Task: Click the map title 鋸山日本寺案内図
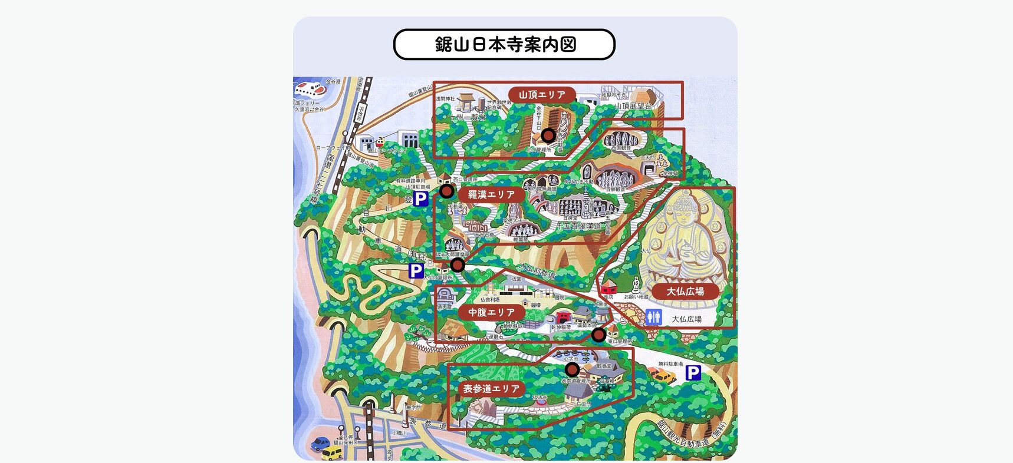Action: tap(504, 45)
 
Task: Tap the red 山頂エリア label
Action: tap(542, 94)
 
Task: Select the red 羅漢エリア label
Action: tap(491, 194)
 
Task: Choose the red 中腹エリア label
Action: tap(491, 312)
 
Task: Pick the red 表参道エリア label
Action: tap(491, 389)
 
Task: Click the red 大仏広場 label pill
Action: tap(685, 291)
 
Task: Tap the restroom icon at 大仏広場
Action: tap(653, 318)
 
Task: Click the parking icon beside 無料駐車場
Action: tap(693, 372)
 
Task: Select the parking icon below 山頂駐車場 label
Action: tap(420, 199)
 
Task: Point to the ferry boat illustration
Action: tap(309, 88)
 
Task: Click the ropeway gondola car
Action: tap(380, 142)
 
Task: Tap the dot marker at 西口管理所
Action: tap(447, 191)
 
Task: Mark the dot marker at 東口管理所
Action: tap(598, 335)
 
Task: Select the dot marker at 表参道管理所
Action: tap(572, 369)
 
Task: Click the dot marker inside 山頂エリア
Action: tap(548, 136)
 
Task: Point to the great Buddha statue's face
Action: tap(685, 212)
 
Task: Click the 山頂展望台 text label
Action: tap(633, 107)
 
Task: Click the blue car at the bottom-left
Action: tap(320, 444)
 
